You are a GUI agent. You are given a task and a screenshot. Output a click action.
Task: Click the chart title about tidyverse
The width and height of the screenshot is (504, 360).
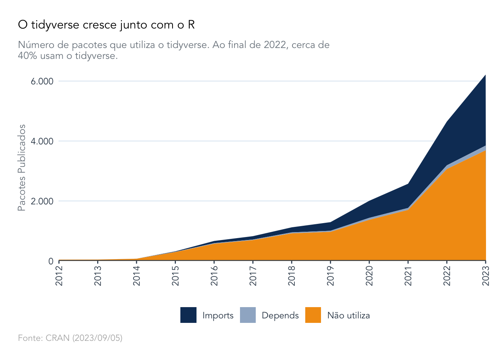click(106, 25)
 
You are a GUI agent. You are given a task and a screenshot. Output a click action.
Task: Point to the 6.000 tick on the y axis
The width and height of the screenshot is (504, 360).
click(42, 81)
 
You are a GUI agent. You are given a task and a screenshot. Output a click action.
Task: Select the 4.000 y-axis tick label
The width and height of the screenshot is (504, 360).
click(42, 141)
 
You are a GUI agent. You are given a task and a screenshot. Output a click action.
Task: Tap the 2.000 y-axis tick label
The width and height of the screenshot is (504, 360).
click(42, 201)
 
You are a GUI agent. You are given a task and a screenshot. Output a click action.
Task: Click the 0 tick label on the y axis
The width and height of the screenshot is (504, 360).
click(51, 261)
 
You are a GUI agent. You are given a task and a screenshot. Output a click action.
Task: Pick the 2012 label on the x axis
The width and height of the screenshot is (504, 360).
click(59, 276)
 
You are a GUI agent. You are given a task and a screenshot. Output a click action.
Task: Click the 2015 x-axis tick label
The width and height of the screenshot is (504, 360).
click(175, 276)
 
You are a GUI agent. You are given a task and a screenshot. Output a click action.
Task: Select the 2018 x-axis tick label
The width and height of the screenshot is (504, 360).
click(292, 276)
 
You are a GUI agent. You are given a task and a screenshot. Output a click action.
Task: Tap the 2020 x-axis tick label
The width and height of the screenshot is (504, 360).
click(369, 276)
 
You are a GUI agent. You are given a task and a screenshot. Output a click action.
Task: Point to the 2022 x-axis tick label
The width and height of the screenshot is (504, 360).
click(447, 276)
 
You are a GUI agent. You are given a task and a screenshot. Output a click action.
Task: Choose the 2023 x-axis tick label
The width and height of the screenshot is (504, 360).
click(486, 276)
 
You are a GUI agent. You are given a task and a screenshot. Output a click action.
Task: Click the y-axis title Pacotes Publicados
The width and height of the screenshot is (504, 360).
click(22, 168)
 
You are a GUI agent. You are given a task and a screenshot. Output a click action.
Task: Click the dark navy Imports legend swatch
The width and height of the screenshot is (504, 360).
click(188, 315)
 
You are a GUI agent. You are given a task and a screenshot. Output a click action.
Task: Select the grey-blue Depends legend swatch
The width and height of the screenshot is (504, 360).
click(248, 315)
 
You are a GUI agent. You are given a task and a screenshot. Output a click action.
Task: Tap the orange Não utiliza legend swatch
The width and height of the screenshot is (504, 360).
click(313, 315)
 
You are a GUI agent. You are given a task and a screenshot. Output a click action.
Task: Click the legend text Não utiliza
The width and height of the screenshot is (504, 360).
click(348, 315)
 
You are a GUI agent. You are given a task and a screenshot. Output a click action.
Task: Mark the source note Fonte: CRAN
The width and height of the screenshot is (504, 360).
click(70, 338)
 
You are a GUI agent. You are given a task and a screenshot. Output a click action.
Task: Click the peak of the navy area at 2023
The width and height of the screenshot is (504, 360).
click(485, 75)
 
